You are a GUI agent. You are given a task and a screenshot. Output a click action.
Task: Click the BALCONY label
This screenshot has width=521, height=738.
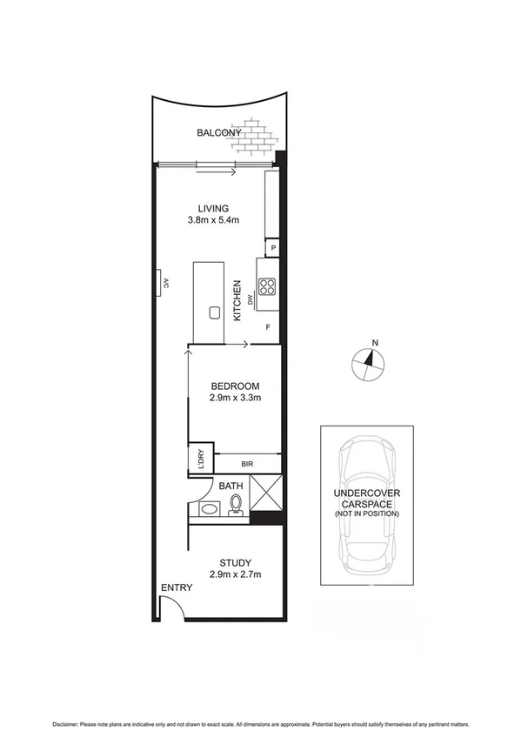pyautogui.click(x=218, y=132)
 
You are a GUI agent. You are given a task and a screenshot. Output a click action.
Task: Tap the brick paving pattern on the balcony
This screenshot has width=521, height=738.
pyautogui.click(x=259, y=132)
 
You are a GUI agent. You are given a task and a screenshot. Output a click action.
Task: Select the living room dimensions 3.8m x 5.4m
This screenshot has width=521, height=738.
pyautogui.click(x=213, y=221)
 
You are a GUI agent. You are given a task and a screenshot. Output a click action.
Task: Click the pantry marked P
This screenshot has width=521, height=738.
pyautogui.click(x=273, y=248)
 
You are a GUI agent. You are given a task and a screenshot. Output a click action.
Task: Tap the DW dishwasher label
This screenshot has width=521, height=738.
pyautogui.click(x=250, y=300)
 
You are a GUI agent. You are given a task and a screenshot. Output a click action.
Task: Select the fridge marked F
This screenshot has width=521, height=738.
pyautogui.click(x=268, y=328)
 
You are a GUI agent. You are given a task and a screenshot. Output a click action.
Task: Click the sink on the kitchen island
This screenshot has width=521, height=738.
pyautogui.click(x=212, y=313)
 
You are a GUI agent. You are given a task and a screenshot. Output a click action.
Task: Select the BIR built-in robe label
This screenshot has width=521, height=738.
pyautogui.click(x=247, y=464)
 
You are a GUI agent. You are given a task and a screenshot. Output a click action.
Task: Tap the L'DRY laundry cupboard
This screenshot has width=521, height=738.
pyautogui.click(x=200, y=459)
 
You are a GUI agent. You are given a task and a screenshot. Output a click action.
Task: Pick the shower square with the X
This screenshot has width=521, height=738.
pyautogui.click(x=265, y=493)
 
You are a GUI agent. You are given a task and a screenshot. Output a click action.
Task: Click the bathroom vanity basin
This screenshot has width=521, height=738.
pyautogui.click(x=208, y=509)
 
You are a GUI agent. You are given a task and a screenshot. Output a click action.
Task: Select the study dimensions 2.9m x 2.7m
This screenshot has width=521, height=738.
pyautogui.click(x=235, y=574)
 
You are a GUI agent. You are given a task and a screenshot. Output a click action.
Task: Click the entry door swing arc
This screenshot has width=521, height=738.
pyautogui.click(x=172, y=609)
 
